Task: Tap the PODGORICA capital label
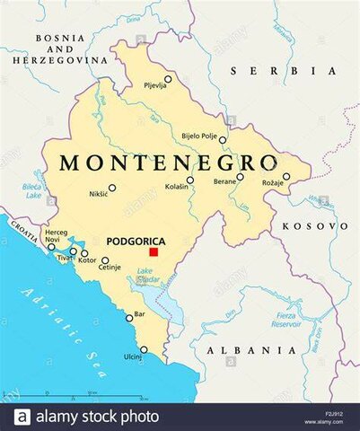coord(135,242)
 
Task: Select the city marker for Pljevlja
coord(167,79)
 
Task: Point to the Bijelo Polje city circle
coord(223,140)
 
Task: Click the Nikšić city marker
coord(112,188)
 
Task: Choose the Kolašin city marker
coord(189,180)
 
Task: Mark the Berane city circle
coord(240,177)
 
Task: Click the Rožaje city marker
coord(286,177)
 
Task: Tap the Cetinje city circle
coord(104,260)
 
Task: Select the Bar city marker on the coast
coord(129,317)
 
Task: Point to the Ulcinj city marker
coord(144,350)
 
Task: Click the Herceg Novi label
coord(56,236)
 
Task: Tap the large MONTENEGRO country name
coord(168,163)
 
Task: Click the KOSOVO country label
coord(314,226)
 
